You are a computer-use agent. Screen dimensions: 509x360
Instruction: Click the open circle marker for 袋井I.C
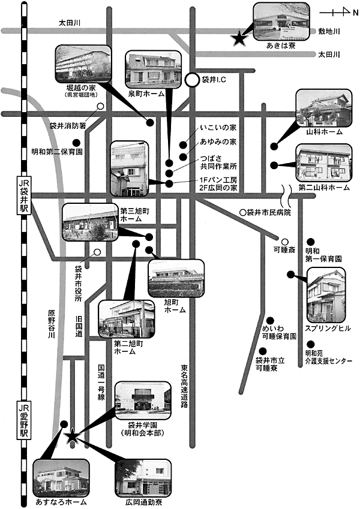[x=192, y=80]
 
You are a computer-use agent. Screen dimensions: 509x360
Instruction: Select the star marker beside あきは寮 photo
[x=239, y=39]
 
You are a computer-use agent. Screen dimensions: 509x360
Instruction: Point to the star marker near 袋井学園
[x=73, y=436]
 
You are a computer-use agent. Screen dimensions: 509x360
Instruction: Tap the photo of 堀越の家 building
[x=83, y=65]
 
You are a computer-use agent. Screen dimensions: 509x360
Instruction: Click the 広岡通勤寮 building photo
[x=143, y=478]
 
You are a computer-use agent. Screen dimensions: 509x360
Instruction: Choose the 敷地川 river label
[x=329, y=31]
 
